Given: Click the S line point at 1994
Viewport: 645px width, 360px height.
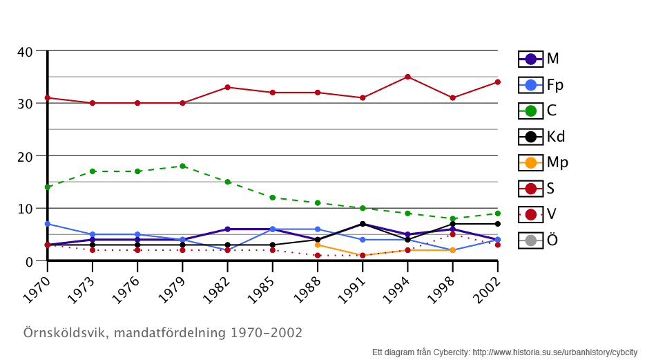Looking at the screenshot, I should point(407,77).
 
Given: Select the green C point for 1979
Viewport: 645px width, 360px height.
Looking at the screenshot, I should point(182,166).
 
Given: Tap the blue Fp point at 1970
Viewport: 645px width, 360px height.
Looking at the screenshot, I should point(47,224).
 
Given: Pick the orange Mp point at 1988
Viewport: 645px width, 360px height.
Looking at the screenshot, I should point(318,245).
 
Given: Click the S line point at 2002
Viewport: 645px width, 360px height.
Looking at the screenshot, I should point(497,82).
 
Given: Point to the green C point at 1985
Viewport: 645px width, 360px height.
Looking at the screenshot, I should point(273,198).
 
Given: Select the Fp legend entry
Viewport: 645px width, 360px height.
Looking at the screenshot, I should point(541,85).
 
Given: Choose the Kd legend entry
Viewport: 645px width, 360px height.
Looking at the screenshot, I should point(541,136).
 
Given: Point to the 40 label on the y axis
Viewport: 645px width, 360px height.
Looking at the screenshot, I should point(25,52).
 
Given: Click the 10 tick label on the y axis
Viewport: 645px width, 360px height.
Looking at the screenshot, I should point(25,209).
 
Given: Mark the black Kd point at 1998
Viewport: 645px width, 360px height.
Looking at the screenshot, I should point(452,224).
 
